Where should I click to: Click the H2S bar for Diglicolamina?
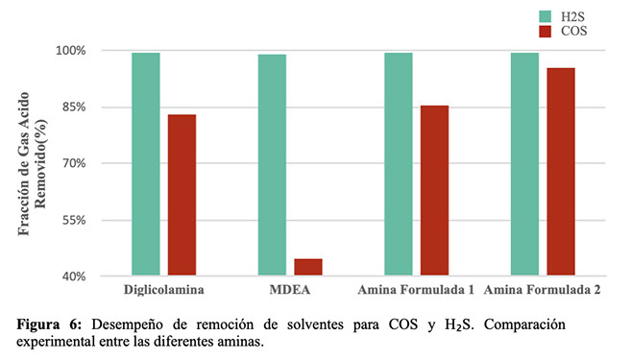pyautogui.click(x=146, y=164)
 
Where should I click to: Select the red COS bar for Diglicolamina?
pyautogui.click(x=182, y=195)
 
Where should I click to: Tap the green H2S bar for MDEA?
pyautogui.click(x=272, y=165)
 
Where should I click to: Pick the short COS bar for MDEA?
pyautogui.click(x=308, y=267)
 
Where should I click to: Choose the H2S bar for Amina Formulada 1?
pyautogui.click(x=399, y=164)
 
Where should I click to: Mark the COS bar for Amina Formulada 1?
pyautogui.click(x=434, y=190)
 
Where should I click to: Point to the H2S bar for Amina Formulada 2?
pyautogui.click(x=524, y=164)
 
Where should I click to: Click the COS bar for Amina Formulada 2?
pyautogui.click(x=561, y=172)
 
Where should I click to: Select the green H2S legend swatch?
pyautogui.click(x=546, y=16)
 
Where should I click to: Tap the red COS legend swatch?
pyautogui.click(x=546, y=32)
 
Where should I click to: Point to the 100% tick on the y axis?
pyautogui.click(x=71, y=51)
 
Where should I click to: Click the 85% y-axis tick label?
pyautogui.click(x=74, y=108)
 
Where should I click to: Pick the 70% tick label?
pyautogui.click(x=74, y=163)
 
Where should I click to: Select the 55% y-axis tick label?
pyautogui.click(x=74, y=220)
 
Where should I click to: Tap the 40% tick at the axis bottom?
pyautogui.click(x=74, y=276)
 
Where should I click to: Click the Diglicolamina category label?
pyautogui.click(x=163, y=290)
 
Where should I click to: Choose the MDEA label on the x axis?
pyautogui.click(x=290, y=290)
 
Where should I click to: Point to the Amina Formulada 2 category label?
pyautogui.click(x=542, y=290)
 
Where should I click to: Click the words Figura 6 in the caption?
pyautogui.click(x=49, y=324)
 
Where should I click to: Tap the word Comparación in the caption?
pyautogui.click(x=524, y=324)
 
